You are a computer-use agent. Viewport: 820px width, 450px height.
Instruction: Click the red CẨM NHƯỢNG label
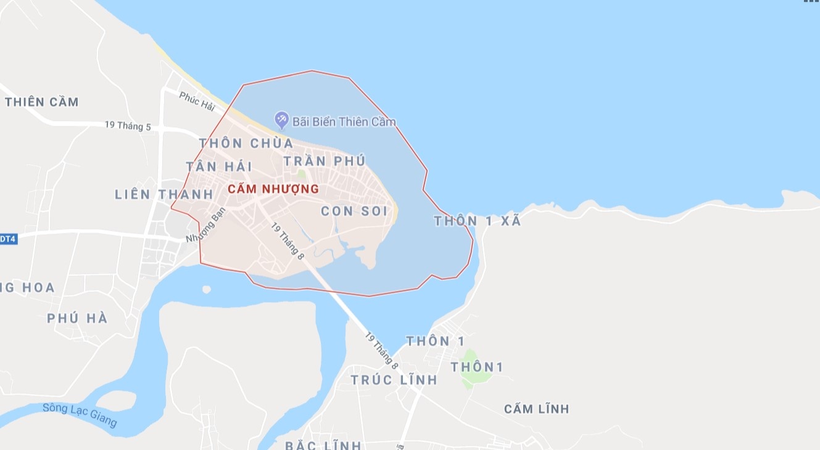point(273,189)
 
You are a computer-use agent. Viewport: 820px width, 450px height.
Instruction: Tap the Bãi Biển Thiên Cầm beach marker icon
point(281,118)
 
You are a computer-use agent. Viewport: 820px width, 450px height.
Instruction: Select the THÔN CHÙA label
point(246,144)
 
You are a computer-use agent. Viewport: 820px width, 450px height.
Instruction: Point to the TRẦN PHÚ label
point(324,161)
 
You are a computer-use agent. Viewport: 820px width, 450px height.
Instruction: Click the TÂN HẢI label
point(219,166)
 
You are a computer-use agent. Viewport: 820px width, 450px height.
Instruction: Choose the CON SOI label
point(354,211)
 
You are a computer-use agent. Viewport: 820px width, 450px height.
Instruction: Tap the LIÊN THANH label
point(164,195)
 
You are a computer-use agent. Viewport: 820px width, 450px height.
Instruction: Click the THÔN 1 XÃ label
point(478,221)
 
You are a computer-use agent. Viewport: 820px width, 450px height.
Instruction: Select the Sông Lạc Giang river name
point(80,414)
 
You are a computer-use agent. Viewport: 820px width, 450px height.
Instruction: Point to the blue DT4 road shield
point(7,239)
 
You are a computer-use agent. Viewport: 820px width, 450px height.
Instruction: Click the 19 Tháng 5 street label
point(128,126)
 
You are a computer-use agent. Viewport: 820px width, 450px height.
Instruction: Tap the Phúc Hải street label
point(197,102)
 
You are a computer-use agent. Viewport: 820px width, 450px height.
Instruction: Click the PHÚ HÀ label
point(77,319)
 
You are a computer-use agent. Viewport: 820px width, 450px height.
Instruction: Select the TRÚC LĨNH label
point(394,380)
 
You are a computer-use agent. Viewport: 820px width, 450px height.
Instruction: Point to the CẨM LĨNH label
point(536,409)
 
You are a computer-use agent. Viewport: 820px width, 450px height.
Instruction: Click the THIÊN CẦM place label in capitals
point(42,102)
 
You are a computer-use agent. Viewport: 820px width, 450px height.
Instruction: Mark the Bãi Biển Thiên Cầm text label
point(344,122)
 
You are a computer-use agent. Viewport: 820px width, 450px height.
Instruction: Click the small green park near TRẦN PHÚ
point(301,174)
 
